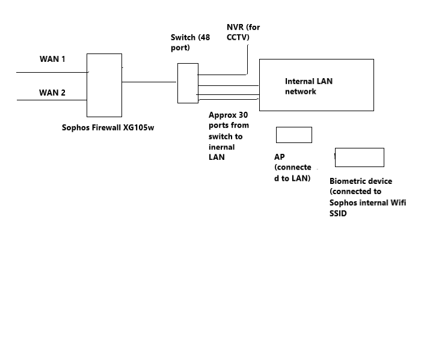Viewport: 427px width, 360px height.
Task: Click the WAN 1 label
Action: pyautogui.click(x=52, y=59)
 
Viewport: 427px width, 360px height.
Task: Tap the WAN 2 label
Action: pyautogui.click(x=52, y=93)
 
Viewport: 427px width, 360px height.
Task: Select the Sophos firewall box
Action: pyautogui.click(x=104, y=85)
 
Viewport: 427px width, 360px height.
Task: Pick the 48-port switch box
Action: pyautogui.click(x=188, y=83)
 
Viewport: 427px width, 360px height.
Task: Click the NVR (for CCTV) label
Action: pyautogui.click(x=243, y=32)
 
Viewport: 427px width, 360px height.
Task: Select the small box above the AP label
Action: pyautogui.click(x=293, y=135)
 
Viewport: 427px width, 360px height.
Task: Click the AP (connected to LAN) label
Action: pyautogui.click(x=292, y=168)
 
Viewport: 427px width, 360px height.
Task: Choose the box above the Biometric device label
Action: pyautogui.click(x=359, y=157)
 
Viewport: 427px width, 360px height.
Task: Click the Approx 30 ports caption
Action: pyautogui.click(x=228, y=136)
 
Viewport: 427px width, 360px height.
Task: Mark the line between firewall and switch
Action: pyautogui.click(x=150, y=82)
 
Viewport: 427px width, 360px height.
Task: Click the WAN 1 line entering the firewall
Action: pyautogui.click(x=52, y=73)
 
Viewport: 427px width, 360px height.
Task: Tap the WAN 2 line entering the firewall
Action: pyautogui.click(x=52, y=100)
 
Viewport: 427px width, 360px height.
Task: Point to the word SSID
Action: pyautogui.click(x=339, y=213)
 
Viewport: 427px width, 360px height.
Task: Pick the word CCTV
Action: pyautogui.click(x=238, y=38)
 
